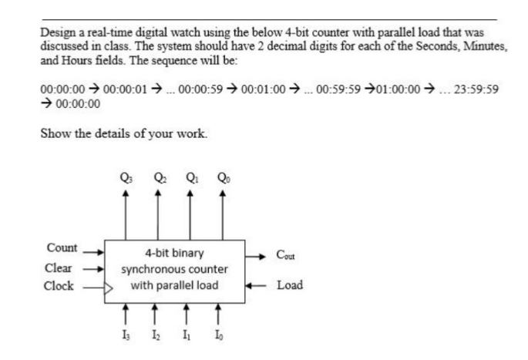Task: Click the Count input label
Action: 62,248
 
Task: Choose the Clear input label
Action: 61,268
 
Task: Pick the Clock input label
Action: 61,286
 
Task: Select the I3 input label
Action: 125,336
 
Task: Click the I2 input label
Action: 157,336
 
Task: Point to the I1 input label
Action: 190,336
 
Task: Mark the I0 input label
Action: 222,336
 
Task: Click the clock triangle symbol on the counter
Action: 109,287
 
